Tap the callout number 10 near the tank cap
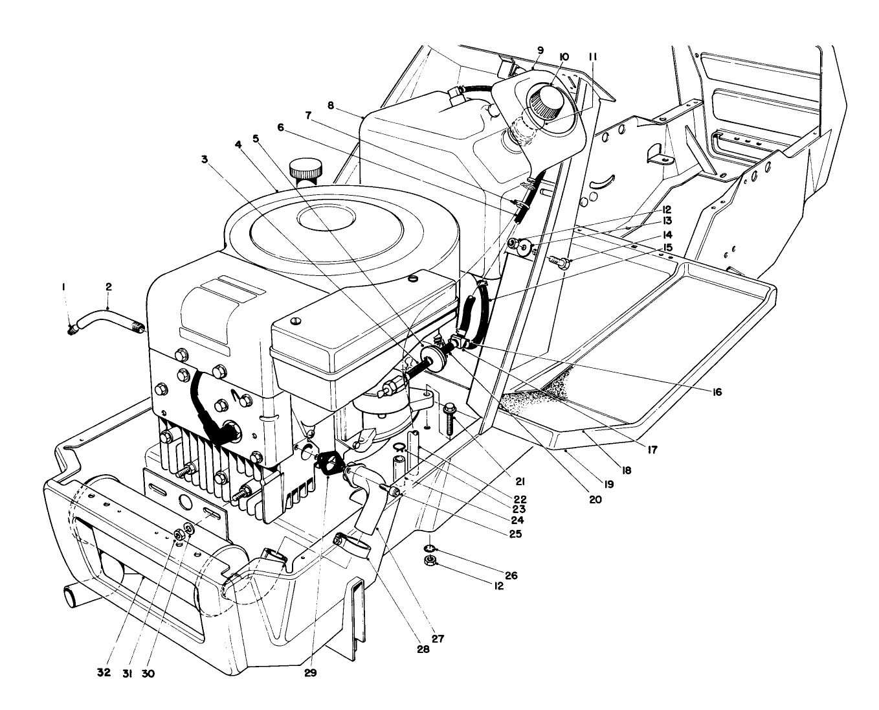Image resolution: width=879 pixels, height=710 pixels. [563, 57]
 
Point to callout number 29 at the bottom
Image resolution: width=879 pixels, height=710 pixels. [310, 673]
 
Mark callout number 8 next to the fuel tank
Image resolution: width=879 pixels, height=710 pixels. [331, 106]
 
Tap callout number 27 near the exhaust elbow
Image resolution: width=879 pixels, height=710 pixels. [438, 638]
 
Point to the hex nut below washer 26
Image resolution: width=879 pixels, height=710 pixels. [428, 561]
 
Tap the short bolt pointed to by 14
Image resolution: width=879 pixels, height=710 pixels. [559, 262]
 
